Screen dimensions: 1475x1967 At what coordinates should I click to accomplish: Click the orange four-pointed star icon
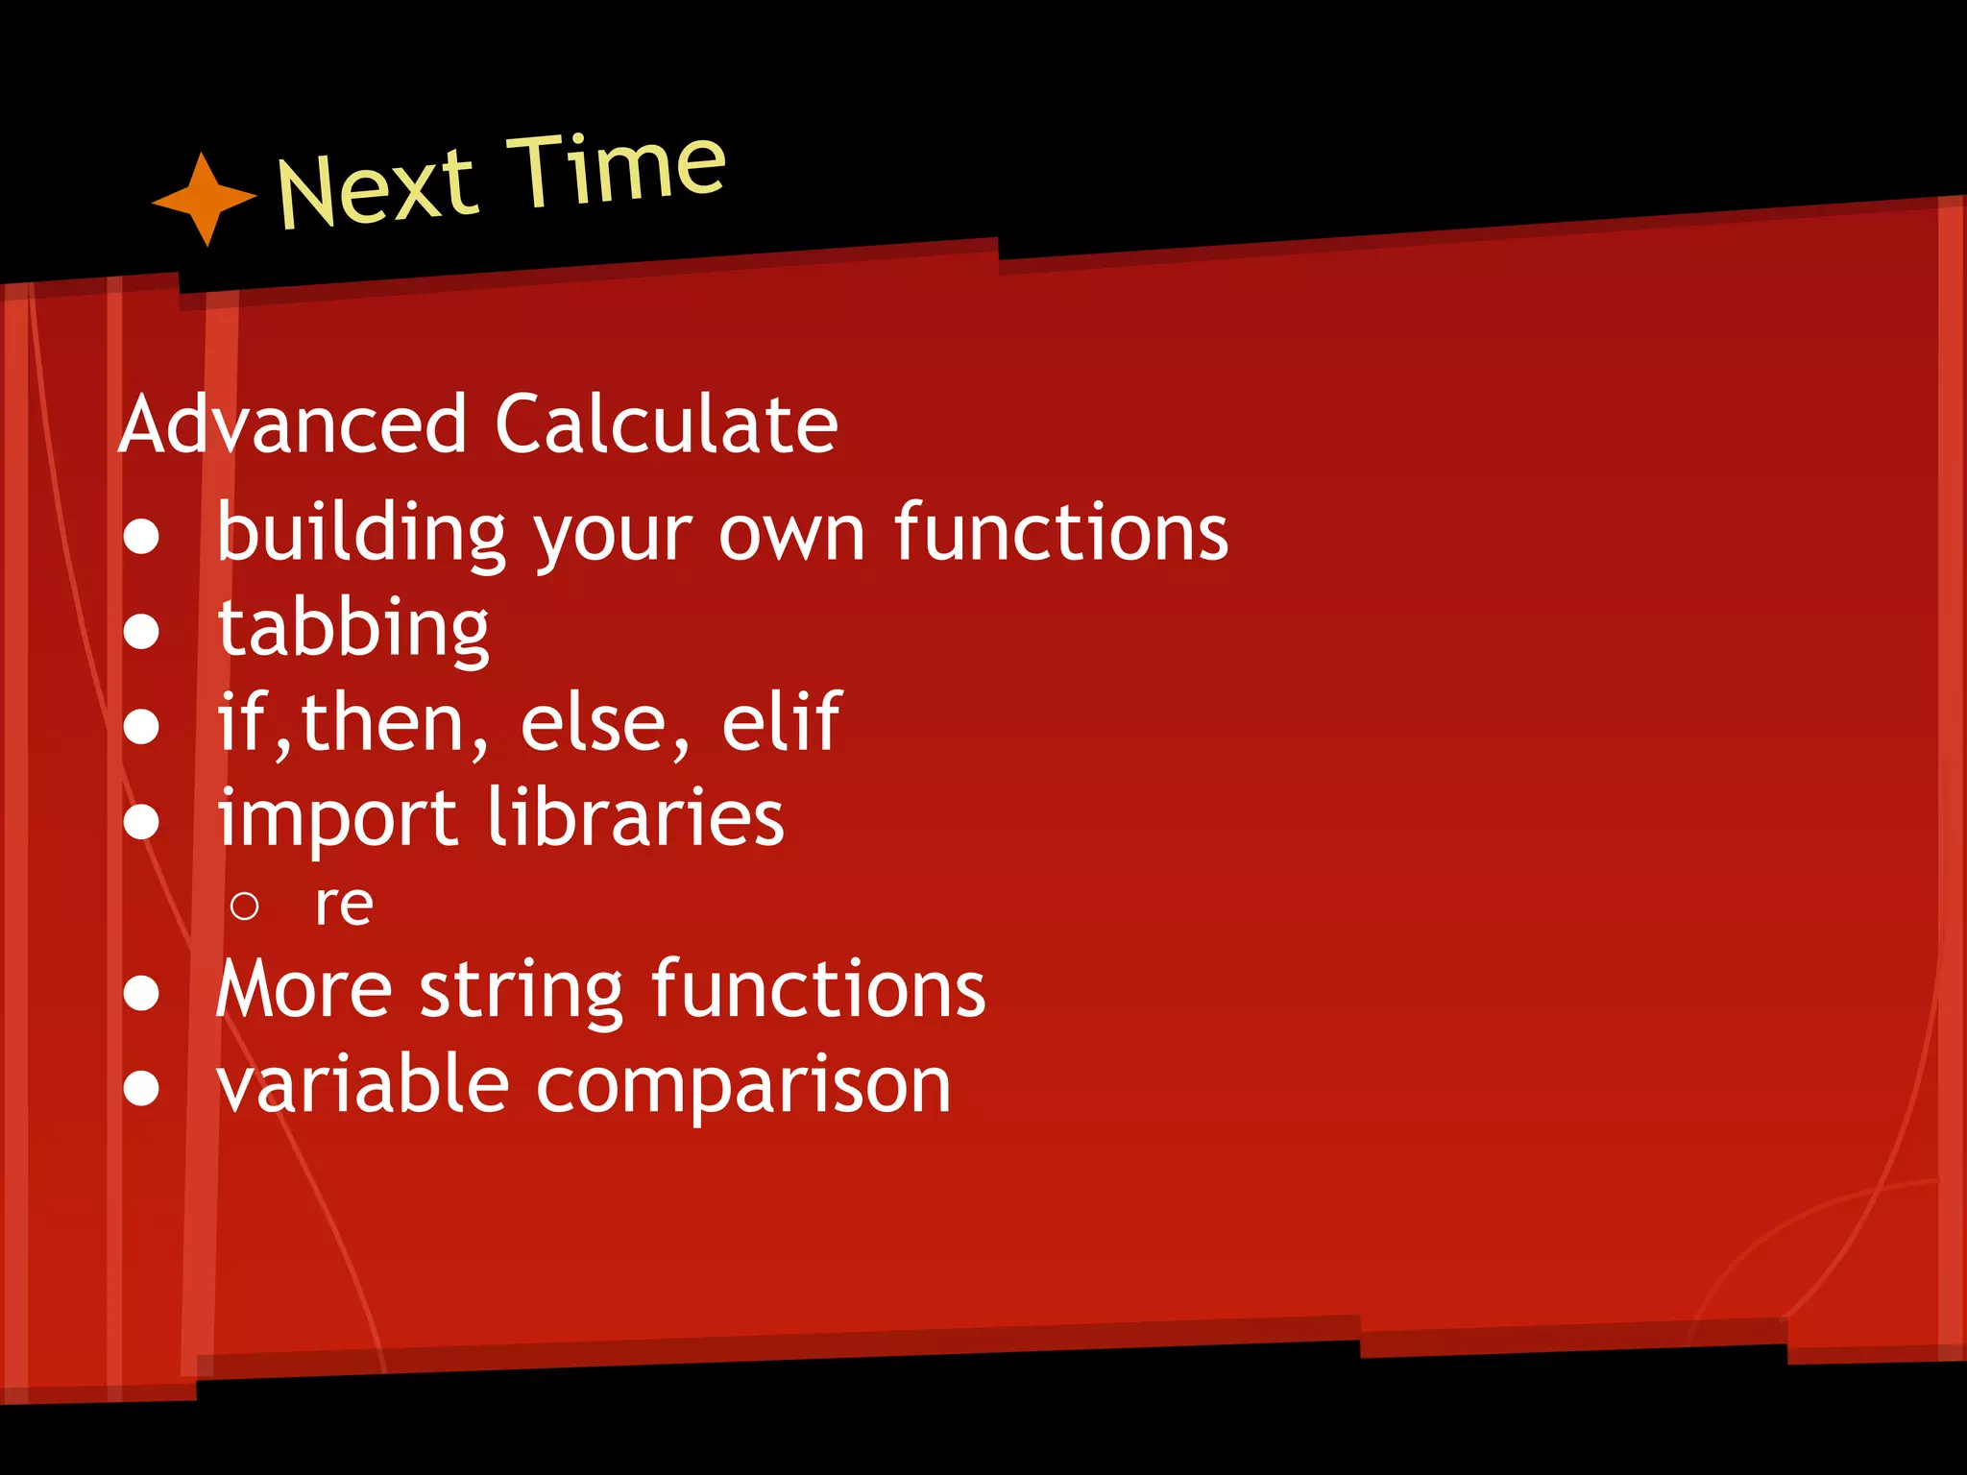(204, 199)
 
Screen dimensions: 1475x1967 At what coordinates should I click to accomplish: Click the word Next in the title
(376, 188)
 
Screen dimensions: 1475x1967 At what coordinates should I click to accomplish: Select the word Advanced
(293, 424)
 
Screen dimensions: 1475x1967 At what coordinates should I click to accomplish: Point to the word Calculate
(666, 424)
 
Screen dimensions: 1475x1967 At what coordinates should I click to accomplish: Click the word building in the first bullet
(360, 533)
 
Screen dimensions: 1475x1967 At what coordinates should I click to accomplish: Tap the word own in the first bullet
(791, 534)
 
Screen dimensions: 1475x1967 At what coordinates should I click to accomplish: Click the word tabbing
(353, 628)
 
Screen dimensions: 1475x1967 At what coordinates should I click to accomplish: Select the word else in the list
(593, 723)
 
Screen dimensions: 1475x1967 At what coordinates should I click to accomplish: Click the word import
(337, 819)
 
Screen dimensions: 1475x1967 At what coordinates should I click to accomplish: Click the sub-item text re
(344, 906)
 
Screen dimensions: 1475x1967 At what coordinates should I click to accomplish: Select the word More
(304, 989)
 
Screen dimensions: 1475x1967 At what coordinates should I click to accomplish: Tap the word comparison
(742, 1087)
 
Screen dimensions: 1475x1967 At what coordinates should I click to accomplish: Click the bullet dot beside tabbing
(141, 632)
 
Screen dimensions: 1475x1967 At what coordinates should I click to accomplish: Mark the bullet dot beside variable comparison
(141, 1089)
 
